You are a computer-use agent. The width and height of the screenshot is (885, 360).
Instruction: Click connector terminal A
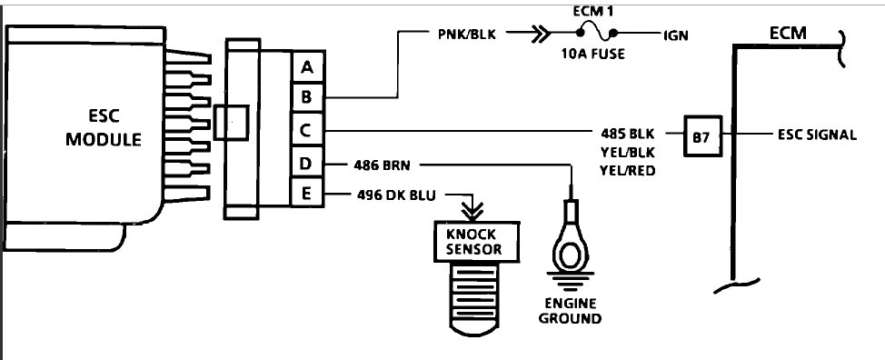[307, 66]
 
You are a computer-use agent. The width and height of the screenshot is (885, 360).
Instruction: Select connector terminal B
[307, 97]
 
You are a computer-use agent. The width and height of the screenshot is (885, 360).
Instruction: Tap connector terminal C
[307, 131]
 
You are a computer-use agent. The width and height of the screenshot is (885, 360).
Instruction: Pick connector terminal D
[307, 164]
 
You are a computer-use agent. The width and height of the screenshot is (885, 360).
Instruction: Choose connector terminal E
[307, 194]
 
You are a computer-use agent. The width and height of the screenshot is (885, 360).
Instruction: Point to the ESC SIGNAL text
[816, 135]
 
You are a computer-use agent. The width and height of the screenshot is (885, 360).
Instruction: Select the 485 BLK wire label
[628, 130]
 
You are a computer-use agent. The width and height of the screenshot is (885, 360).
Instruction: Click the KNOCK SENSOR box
[472, 241]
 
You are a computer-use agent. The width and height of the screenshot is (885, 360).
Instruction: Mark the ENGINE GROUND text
[570, 311]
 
